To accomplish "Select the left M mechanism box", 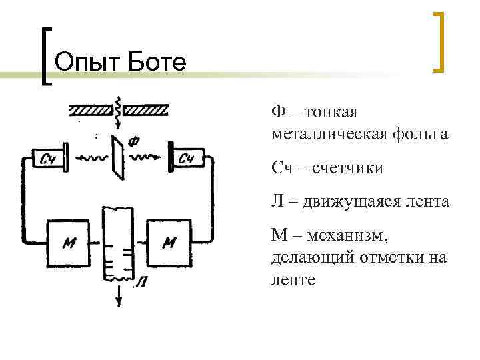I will click(69, 243).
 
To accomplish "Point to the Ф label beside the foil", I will click(134, 141).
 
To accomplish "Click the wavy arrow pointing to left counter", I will click(90, 159).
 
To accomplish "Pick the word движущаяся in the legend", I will click(352, 201).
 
